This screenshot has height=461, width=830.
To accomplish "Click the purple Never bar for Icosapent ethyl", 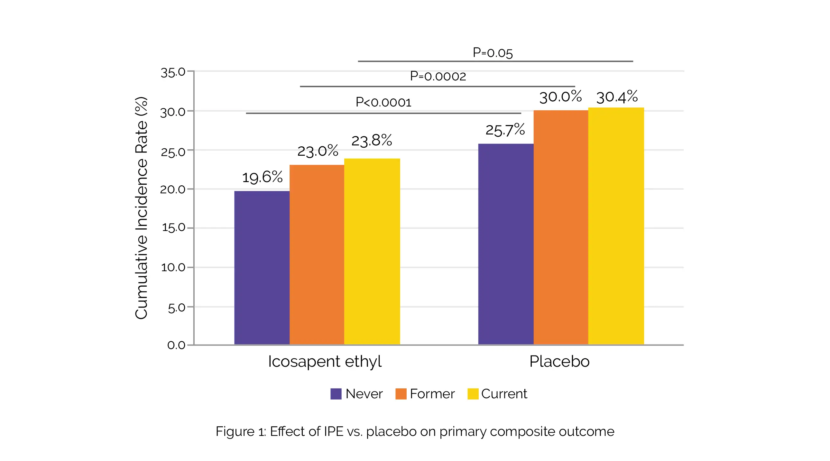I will (262, 267).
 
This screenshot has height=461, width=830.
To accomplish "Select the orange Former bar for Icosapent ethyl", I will (317, 254).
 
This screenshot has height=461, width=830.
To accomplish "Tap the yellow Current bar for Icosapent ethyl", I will (372, 251).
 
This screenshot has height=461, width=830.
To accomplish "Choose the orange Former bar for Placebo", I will (561, 227).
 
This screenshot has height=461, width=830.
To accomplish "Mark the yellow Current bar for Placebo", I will (616, 226).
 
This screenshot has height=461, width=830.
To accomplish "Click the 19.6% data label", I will (262, 177).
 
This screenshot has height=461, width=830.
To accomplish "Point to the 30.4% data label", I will (617, 97).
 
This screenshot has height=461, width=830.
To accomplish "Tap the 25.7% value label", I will (505, 130).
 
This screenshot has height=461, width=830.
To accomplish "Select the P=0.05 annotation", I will (492, 52).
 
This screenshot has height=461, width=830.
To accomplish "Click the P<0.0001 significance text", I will (383, 102).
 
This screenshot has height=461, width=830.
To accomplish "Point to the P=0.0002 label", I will (438, 76).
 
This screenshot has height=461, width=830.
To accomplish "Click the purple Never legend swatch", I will (336, 394).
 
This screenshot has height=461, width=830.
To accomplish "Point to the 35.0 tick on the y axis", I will (173, 72).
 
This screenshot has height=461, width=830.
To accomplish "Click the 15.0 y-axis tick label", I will (173, 227).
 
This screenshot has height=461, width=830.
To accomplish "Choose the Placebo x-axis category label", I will (559, 362).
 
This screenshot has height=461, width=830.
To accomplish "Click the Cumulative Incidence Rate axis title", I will (141, 208).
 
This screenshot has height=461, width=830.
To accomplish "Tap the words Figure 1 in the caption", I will (240, 431).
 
